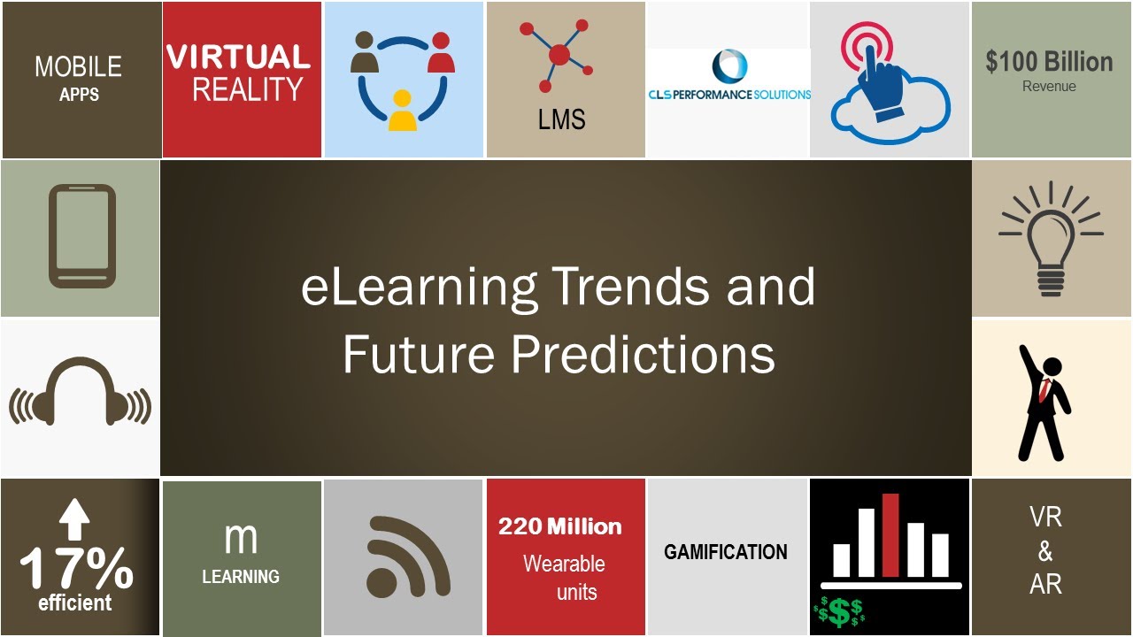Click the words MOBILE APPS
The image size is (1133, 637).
click(79, 78)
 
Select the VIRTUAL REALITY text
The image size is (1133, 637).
click(239, 74)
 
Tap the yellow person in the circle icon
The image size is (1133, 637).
click(403, 111)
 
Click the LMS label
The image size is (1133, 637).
click(561, 119)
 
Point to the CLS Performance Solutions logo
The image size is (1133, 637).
click(728, 79)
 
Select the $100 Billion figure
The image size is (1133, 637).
click(1049, 62)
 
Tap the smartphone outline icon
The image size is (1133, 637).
click(81, 236)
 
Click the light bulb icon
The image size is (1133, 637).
click(1051, 238)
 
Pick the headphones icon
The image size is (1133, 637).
click(80, 397)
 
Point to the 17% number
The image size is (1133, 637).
click(76, 569)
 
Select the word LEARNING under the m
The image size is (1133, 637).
click(241, 577)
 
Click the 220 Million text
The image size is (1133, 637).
click(560, 527)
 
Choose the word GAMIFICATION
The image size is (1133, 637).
click(726, 552)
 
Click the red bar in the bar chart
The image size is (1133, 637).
click(890, 535)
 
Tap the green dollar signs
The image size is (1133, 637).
click(838, 611)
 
